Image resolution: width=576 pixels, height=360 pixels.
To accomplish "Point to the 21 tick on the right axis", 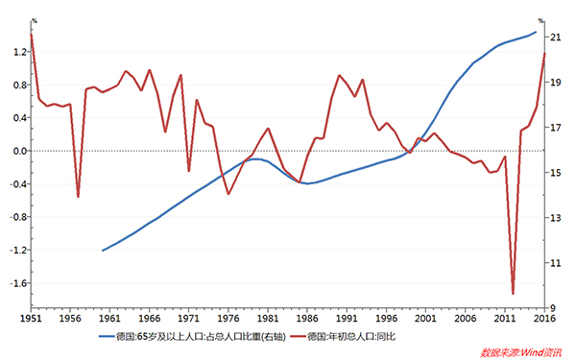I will tap(556, 36).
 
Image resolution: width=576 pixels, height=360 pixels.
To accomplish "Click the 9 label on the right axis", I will tap(554, 308).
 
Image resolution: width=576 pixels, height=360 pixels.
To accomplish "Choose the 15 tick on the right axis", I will tap(556, 173).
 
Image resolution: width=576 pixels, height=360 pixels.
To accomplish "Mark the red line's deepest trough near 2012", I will tap(513, 294).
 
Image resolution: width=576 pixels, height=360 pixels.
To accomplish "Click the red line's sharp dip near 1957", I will tap(78, 197).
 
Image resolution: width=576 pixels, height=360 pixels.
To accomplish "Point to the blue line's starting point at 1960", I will tap(103, 251).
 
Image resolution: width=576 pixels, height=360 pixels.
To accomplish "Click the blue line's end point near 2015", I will tap(536, 32).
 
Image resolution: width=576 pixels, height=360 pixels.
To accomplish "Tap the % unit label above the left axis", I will tap(34, 20).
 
